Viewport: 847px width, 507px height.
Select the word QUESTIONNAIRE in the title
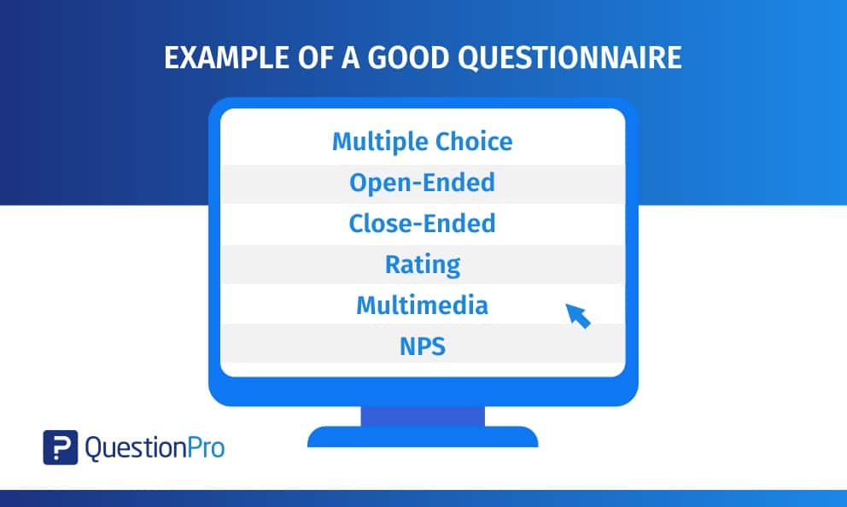570,58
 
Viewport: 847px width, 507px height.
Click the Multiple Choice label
423,142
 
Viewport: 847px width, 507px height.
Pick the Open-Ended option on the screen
423,183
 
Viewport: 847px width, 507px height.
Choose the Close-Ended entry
423,223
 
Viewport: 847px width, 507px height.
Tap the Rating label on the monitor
423,265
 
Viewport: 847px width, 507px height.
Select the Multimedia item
423,305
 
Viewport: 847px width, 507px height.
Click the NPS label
423,346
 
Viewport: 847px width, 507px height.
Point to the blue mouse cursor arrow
577,315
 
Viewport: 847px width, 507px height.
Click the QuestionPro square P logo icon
61,447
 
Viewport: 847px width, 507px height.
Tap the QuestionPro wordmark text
155,448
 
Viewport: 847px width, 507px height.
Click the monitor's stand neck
423,417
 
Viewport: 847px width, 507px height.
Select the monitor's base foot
423,437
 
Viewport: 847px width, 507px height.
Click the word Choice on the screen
474,142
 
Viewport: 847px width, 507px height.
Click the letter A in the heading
350,58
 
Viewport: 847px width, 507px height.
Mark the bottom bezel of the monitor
423,392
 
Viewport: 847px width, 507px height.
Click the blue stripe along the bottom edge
423,498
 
